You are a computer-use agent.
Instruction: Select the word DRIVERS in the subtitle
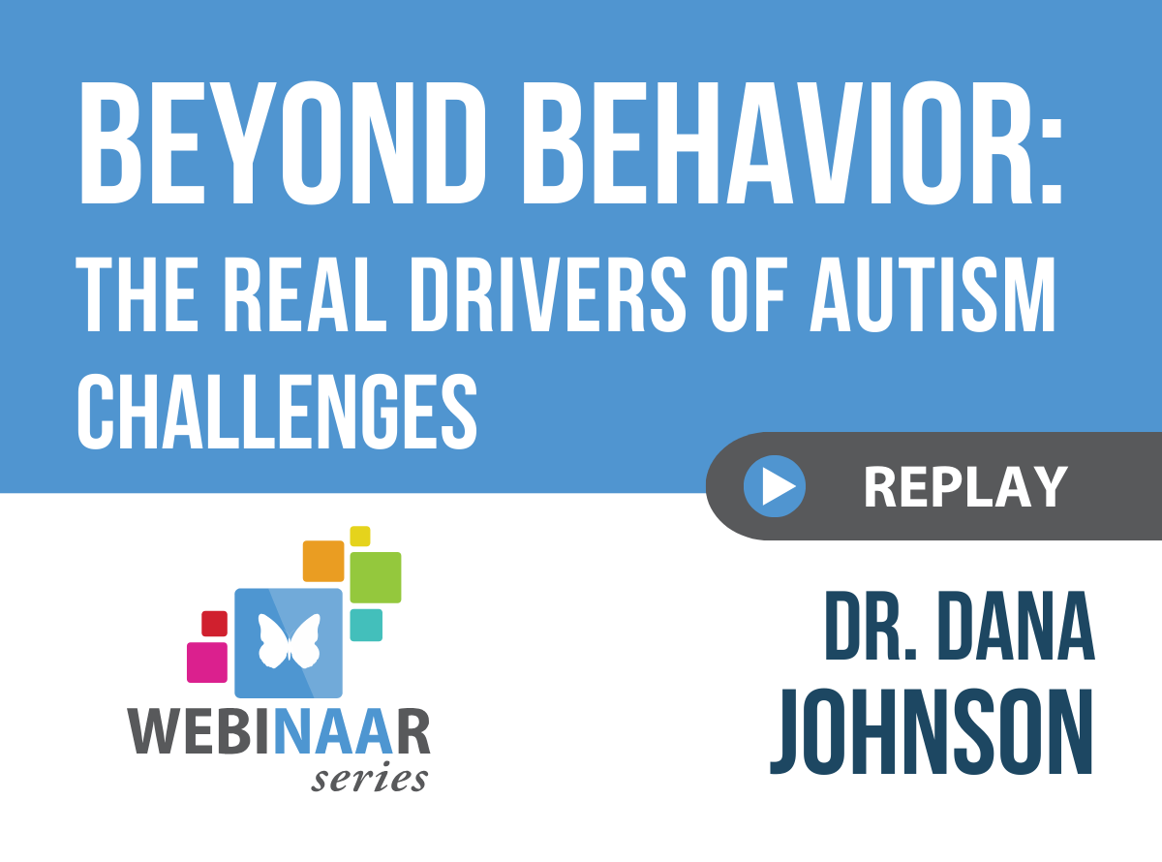548,295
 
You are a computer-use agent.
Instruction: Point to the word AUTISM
933,295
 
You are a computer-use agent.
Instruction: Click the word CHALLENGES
278,412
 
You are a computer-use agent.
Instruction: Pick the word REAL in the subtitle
305,295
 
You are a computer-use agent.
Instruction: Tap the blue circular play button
775,486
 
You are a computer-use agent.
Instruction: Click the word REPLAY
965,487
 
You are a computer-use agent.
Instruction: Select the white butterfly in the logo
290,641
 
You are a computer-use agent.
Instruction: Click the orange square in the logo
323,561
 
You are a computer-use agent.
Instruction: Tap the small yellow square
360,536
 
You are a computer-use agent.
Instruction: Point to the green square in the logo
376,577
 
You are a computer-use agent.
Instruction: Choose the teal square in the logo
366,625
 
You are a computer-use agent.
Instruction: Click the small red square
214,624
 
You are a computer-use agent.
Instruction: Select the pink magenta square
207,662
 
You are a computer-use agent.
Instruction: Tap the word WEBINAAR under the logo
279,731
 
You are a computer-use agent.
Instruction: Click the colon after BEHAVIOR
1051,162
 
